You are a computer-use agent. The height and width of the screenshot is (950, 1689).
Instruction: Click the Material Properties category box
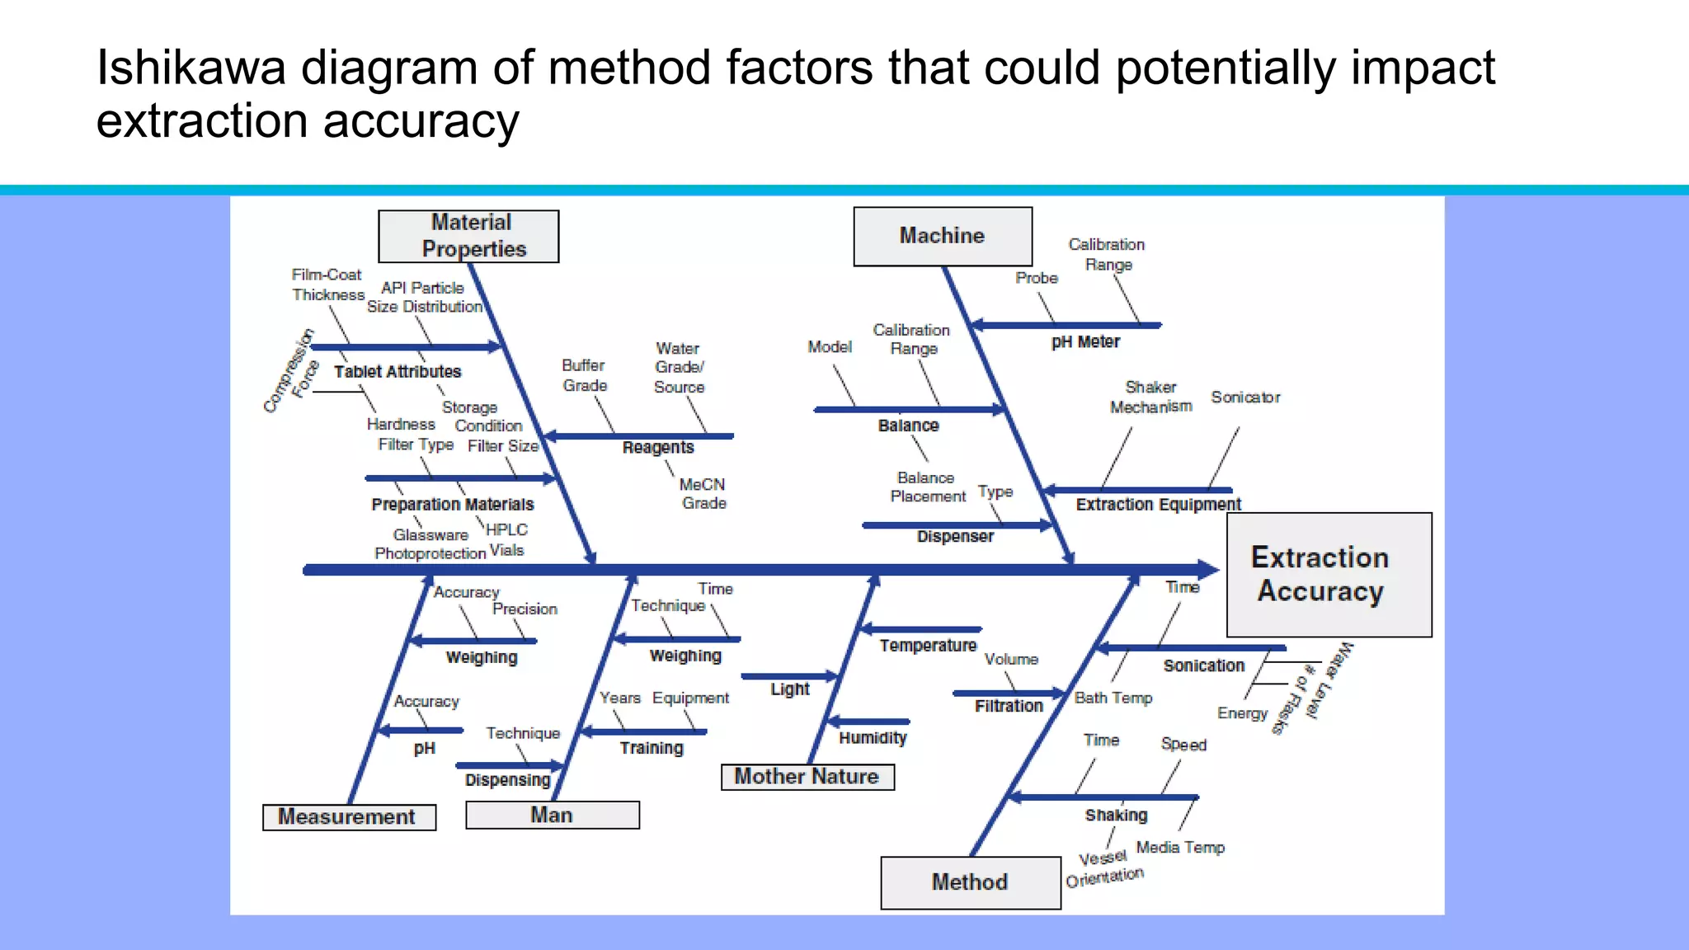(x=468, y=237)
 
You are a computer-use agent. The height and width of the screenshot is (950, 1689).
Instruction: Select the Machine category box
(x=943, y=237)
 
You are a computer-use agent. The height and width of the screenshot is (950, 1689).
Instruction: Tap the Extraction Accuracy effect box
(x=1329, y=575)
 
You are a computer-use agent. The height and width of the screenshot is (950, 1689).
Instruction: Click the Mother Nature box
(x=807, y=777)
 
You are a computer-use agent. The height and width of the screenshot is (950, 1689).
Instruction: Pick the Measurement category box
(x=349, y=817)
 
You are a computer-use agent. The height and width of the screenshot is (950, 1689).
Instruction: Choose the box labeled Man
(x=552, y=816)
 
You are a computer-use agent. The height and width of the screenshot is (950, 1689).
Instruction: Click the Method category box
(x=971, y=882)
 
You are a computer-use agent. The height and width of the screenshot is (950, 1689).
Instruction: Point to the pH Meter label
(x=1085, y=342)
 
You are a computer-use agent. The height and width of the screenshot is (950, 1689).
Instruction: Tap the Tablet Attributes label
(x=398, y=372)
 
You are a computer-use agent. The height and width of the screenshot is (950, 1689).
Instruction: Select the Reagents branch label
(x=658, y=448)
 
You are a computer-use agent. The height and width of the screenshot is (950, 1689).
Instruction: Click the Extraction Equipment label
(x=1158, y=505)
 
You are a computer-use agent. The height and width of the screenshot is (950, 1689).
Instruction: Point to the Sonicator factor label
(x=1245, y=397)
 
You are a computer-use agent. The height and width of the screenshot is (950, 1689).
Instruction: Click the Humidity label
(x=873, y=738)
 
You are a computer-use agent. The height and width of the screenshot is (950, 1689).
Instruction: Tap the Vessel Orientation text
(x=1104, y=868)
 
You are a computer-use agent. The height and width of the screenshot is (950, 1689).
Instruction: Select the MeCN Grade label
(x=703, y=494)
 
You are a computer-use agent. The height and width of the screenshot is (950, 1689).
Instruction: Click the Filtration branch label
(x=1009, y=707)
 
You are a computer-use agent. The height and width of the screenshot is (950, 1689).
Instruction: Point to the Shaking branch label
(x=1116, y=816)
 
